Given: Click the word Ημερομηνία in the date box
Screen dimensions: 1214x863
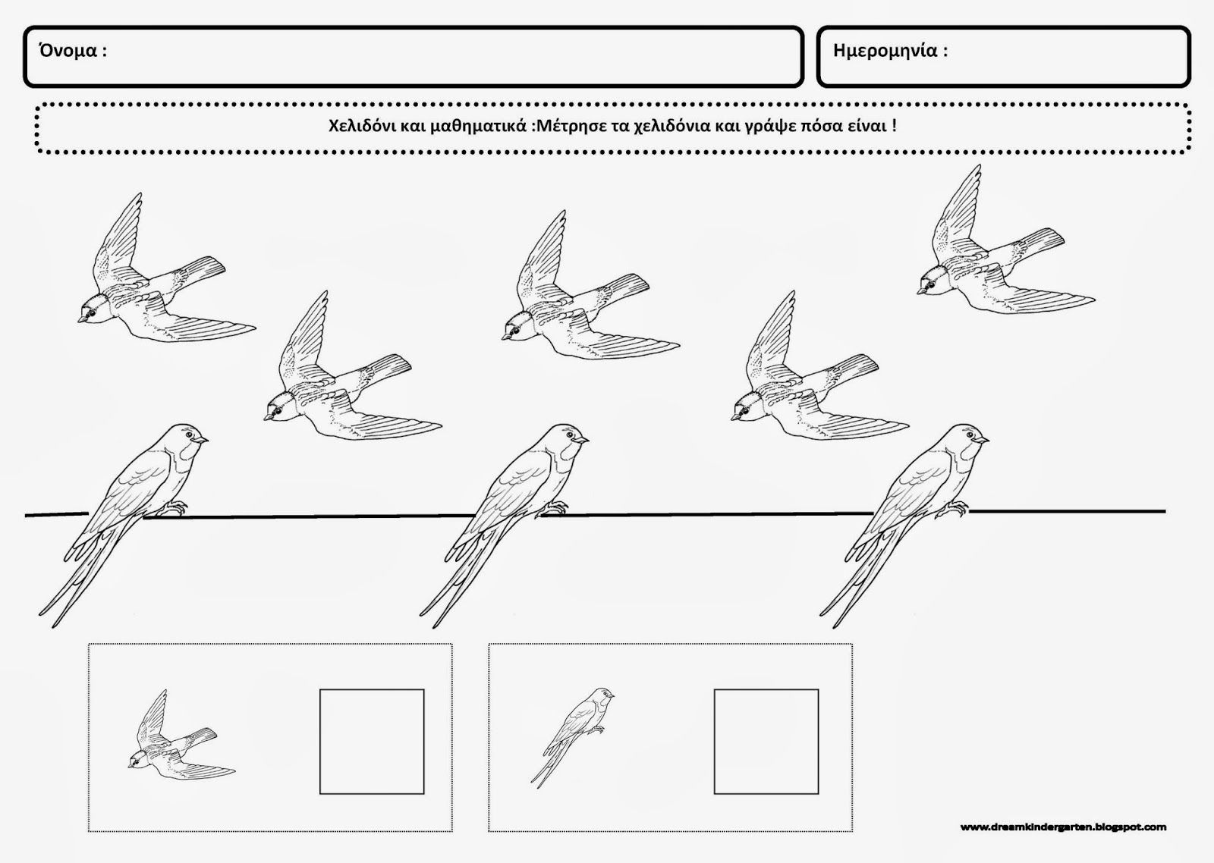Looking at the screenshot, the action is (885, 51).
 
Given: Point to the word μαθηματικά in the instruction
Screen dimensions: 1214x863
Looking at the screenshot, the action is (478, 126).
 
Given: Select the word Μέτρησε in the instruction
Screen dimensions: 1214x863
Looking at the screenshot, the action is (568, 126).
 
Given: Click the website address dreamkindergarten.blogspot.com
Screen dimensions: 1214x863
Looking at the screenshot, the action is (1063, 827).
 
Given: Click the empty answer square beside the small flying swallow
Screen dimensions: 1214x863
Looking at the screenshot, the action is (372, 742).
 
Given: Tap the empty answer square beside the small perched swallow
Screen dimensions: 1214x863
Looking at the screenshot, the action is (766, 742).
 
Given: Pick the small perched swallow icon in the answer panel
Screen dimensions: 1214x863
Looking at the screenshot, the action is (572, 738).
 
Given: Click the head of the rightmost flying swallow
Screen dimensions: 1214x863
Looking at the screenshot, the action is (933, 281).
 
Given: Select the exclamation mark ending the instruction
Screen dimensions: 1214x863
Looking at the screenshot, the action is (893, 126).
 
